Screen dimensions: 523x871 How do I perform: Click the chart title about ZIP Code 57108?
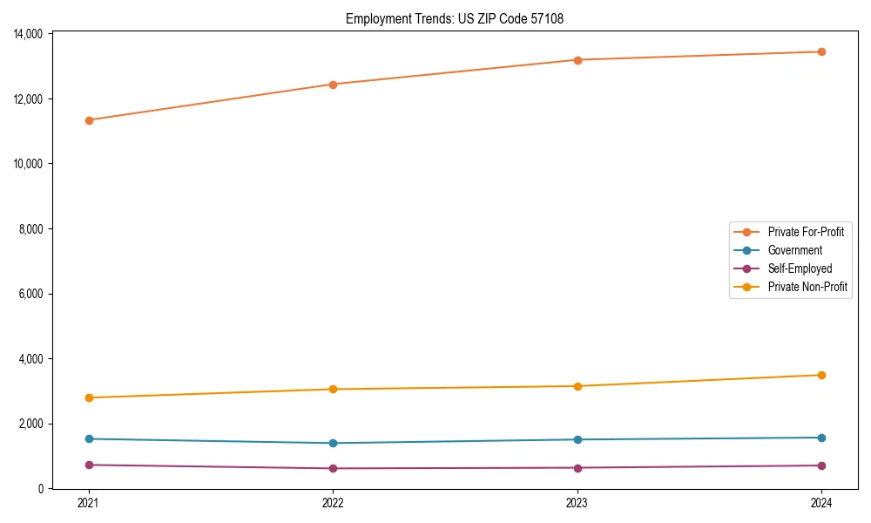pos(455,18)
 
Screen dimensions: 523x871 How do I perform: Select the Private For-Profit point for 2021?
pos(89,120)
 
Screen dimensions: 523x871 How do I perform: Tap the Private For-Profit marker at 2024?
pos(821,51)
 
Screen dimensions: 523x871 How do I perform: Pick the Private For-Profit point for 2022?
pos(333,85)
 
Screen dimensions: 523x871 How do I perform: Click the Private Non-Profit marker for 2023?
pos(577,386)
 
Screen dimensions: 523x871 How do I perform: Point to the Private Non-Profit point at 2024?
pos(821,375)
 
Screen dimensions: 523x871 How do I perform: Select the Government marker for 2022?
pos(333,443)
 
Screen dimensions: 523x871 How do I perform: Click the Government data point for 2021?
pos(89,438)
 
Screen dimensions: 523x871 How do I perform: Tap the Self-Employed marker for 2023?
pos(577,468)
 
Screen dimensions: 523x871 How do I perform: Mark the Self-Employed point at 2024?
pos(821,465)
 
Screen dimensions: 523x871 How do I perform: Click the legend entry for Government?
pos(794,250)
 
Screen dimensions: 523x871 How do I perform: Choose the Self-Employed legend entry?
pos(800,268)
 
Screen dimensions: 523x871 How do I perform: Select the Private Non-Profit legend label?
pos(807,287)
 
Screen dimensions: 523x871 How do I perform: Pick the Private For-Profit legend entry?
pos(806,232)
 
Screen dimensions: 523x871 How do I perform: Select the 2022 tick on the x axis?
pos(333,503)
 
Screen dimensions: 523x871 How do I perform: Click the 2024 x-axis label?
pos(821,503)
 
